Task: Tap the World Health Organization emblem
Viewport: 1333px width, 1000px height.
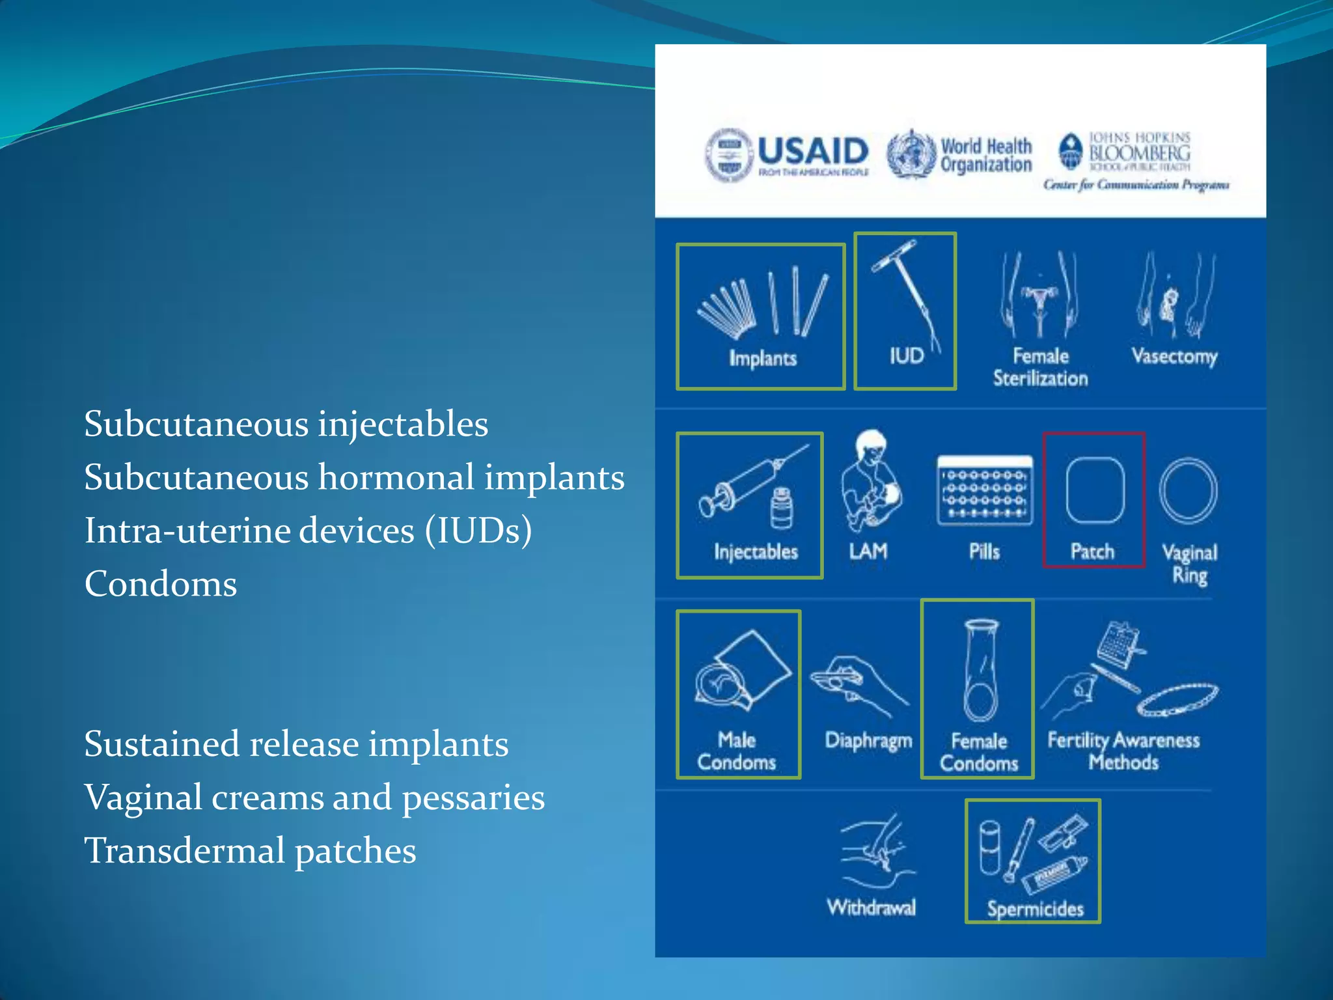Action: coord(911,154)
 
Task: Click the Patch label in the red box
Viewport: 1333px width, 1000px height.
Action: coord(1092,551)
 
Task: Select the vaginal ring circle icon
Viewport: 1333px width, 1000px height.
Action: coord(1189,491)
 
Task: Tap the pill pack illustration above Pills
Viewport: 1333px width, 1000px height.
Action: coord(984,491)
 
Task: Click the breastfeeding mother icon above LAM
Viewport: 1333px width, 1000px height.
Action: coord(870,482)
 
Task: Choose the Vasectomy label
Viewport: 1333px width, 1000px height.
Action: coord(1174,356)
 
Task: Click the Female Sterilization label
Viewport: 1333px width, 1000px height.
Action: coord(1040,367)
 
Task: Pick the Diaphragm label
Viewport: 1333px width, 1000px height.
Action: coord(868,740)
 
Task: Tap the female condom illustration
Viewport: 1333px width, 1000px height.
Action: coord(980,671)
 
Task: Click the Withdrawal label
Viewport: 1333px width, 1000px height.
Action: coord(871,907)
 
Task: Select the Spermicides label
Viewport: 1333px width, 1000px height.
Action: coord(1035,909)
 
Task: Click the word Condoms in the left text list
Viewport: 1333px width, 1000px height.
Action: coord(161,583)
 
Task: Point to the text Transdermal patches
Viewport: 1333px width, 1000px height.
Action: coord(250,850)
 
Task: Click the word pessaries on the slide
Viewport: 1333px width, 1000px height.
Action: coord(473,798)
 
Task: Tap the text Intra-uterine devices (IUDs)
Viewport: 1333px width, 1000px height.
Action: coord(308,530)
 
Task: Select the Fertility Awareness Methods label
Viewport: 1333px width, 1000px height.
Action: coord(1123,751)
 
